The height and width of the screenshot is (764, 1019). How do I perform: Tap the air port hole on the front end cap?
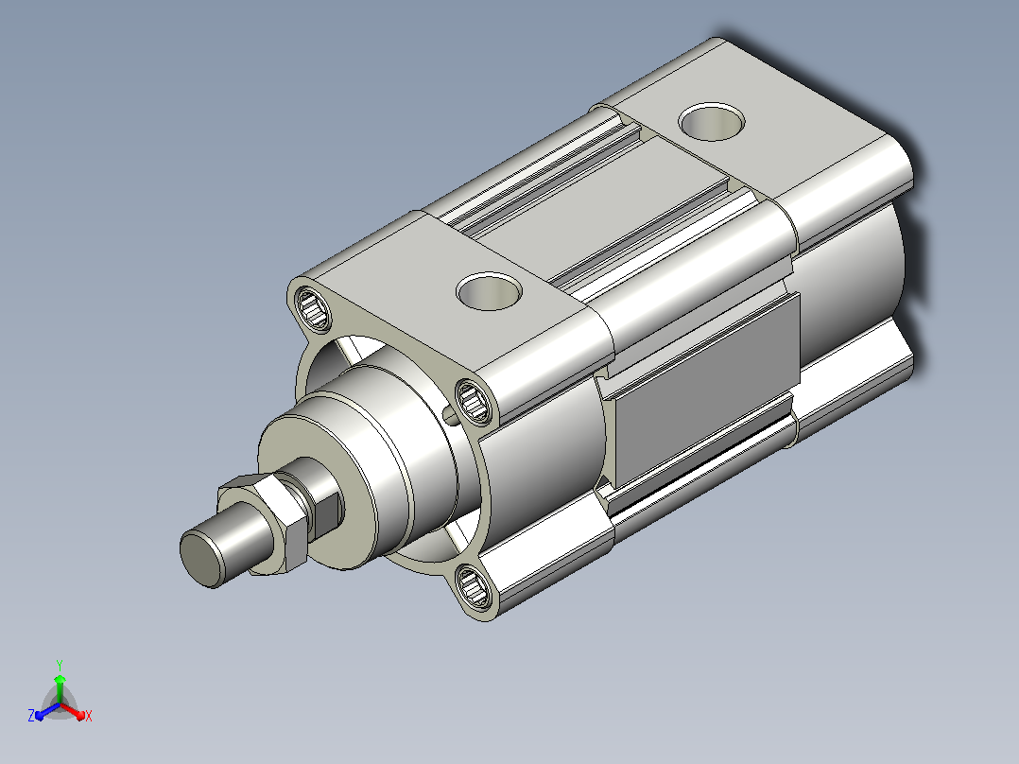[489, 290]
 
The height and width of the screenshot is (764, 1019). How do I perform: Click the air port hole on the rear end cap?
[712, 122]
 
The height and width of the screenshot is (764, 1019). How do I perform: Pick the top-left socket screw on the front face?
[313, 308]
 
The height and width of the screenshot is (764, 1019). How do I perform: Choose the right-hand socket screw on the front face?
[474, 402]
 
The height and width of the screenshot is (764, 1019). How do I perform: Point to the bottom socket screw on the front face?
[473, 586]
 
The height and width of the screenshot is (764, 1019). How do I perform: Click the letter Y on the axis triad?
[60, 665]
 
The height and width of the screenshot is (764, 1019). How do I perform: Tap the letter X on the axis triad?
[89, 716]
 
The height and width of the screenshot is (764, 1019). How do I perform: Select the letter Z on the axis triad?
[31, 716]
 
